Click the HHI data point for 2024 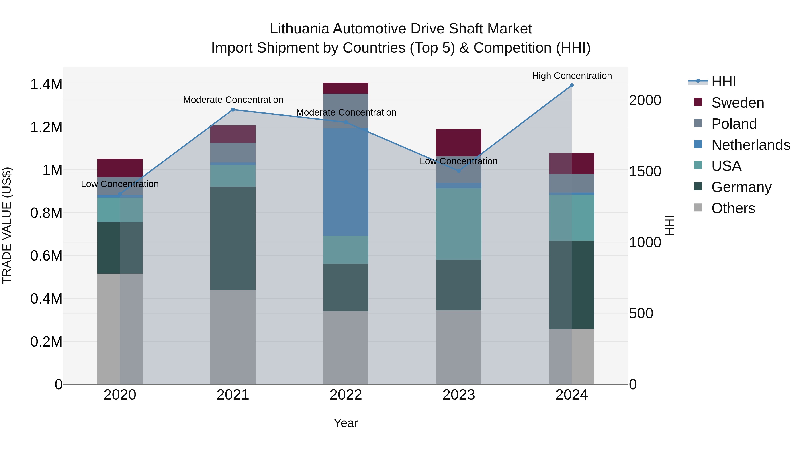point(572,85)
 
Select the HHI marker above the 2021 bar point(233,110)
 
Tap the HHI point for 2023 point(459,171)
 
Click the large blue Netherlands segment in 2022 point(346,182)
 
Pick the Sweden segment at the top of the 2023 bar point(459,143)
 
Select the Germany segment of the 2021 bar point(233,238)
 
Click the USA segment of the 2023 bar point(459,224)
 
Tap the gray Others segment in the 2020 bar point(120,328)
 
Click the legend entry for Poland point(734,124)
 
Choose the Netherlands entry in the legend point(750,145)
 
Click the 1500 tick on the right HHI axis point(645,171)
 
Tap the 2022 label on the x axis point(346,395)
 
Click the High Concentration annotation point(572,76)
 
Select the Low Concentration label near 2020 point(120,184)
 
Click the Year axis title point(346,423)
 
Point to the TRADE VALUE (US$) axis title point(7,225)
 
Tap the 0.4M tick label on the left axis point(46,299)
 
